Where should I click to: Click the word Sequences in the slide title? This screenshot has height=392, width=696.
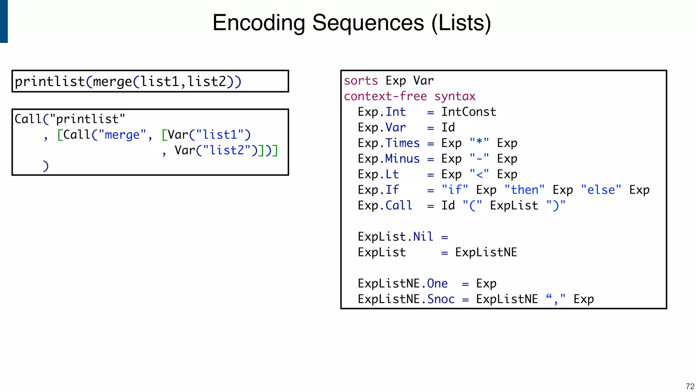tap(368, 23)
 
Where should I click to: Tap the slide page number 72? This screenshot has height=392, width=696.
tap(690, 387)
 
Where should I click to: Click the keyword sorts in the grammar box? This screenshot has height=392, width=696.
tap(361, 81)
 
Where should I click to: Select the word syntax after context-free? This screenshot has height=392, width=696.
tap(455, 97)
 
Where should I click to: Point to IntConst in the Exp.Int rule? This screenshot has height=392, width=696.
tap(469, 112)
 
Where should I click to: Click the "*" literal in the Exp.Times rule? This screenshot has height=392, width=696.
tap(479, 143)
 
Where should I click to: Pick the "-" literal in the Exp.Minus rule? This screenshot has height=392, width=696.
tap(479, 159)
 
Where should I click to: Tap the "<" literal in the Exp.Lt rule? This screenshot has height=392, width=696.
tap(479, 174)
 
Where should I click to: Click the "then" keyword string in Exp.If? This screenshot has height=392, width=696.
tap(524, 190)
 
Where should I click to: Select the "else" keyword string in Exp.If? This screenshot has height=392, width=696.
tap(601, 190)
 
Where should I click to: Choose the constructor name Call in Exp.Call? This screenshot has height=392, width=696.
tap(399, 206)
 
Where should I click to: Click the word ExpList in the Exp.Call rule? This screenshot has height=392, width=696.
tap(514, 206)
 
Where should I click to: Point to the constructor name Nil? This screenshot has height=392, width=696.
tap(423, 236)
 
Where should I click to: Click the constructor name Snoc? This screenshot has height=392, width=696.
tap(441, 299)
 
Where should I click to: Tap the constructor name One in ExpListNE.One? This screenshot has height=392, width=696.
tap(437, 283)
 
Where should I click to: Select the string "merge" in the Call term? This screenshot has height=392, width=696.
tap(122, 135)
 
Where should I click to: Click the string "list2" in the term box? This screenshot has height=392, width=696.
tap(227, 150)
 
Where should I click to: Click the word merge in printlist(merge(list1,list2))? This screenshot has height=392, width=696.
tap(112, 82)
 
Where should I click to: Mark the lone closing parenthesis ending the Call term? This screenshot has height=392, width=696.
tap(46, 166)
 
